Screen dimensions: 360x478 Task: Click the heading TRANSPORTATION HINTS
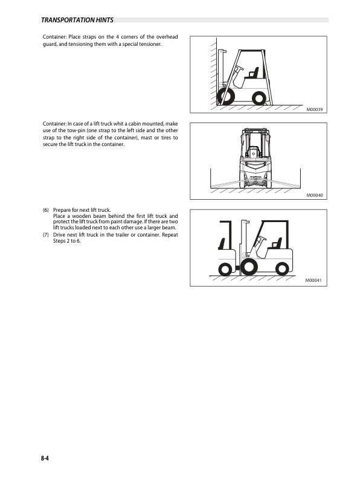[77, 20]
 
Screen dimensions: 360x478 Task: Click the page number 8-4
[45, 458]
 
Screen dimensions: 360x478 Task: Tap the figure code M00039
[314, 109]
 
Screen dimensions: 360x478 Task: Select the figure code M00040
[314, 195]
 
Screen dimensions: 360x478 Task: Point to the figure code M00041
[313, 280]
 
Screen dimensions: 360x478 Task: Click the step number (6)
[46, 210]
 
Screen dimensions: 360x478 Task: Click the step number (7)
[46, 235]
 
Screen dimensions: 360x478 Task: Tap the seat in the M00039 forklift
[252, 74]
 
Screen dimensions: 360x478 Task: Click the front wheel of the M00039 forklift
[225, 97]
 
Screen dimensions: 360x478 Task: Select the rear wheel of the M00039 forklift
[259, 98]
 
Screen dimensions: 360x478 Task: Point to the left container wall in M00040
[211, 178]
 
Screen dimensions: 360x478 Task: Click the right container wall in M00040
[301, 178]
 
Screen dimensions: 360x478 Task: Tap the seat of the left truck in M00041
[222, 244]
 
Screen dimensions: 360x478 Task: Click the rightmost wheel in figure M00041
[281, 269]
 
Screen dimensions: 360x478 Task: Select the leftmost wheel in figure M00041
[225, 269]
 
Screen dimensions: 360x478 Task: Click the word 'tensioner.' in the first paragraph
[150, 44]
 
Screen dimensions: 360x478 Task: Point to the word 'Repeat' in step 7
[170, 235]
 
